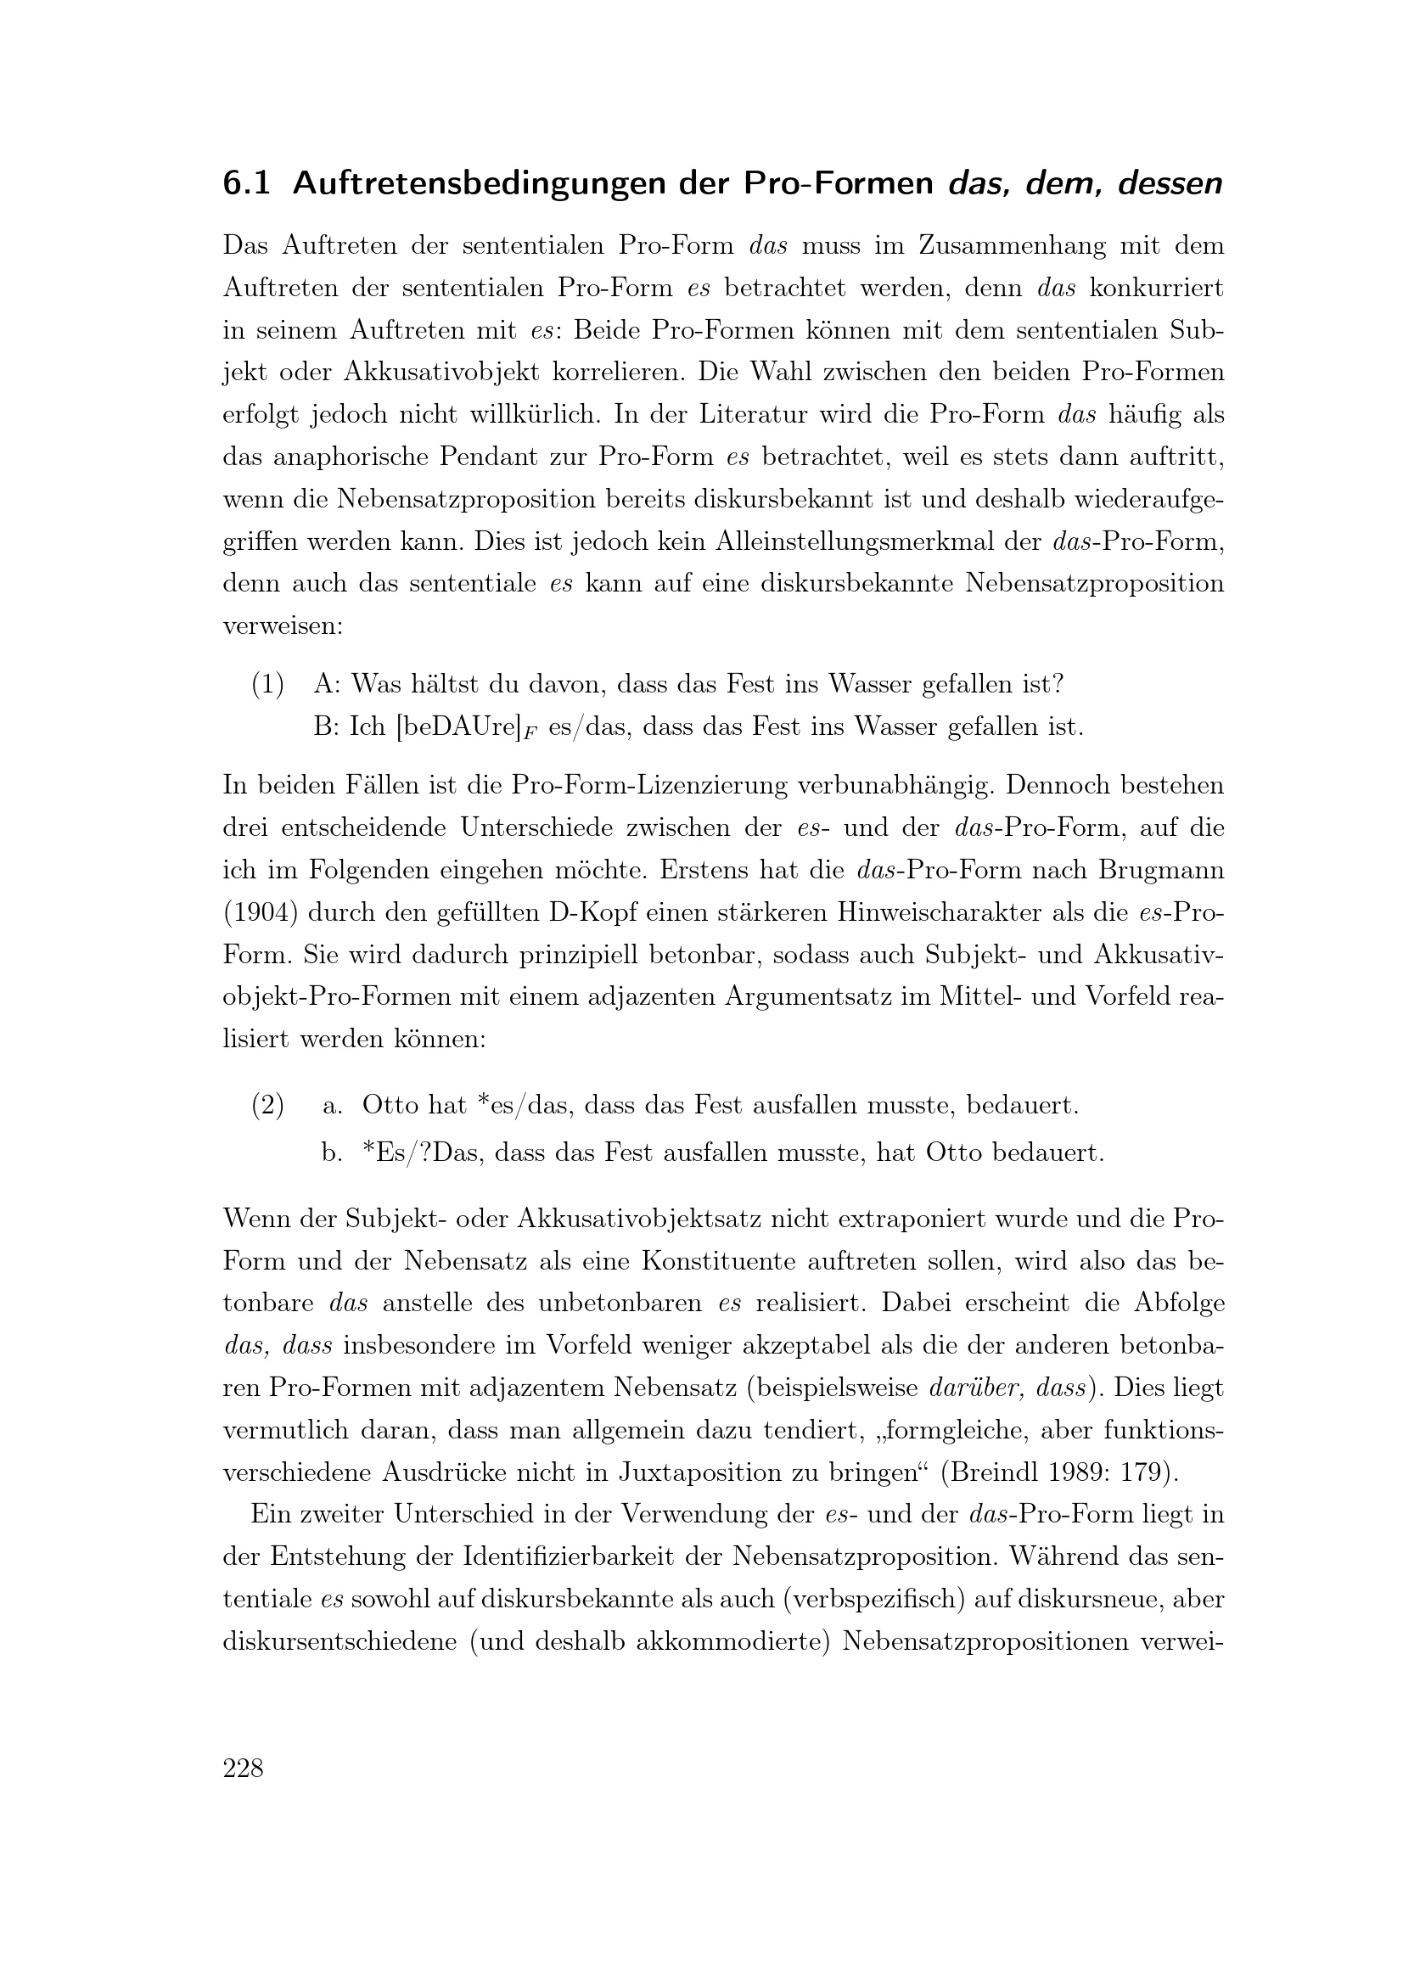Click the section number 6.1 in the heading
246,184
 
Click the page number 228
243,1769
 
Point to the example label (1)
267,685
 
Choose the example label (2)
267,1105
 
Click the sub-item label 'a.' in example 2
332,1105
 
